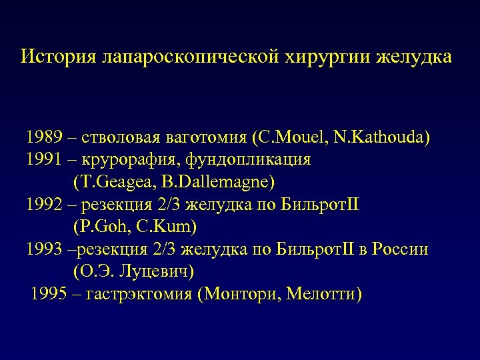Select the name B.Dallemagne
213,182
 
